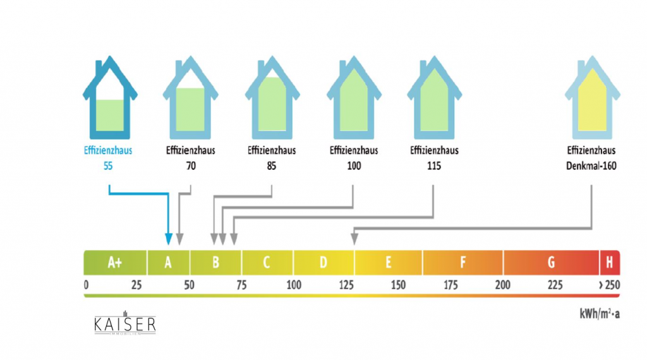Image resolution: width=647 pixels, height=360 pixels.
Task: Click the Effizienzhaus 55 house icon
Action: [111, 100]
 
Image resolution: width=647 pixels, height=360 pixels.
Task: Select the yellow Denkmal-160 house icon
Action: [593, 100]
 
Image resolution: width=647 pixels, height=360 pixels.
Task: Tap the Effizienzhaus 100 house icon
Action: [354, 100]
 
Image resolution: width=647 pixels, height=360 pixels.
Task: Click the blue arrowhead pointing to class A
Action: [168, 239]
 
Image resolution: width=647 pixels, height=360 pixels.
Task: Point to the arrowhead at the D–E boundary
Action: [354, 238]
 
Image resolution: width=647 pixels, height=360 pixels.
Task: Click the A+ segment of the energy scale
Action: [115, 261]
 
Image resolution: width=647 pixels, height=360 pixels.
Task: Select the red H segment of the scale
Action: [609, 261]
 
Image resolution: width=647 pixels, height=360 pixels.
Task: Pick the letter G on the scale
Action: [551, 261]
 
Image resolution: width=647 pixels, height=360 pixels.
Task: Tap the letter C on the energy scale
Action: [267, 261]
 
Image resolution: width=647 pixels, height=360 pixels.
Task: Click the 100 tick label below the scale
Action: [294, 285]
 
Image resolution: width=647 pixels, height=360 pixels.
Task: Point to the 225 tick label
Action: [554, 285]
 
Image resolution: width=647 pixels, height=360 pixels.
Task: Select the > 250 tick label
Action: [608, 285]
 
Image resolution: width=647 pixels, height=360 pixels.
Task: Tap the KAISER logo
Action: [124, 325]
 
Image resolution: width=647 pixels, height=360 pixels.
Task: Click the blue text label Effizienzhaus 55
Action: [108, 157]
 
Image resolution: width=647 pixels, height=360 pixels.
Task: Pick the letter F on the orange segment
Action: [463, 261]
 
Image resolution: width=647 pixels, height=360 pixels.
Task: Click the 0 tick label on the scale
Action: [86, 285]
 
